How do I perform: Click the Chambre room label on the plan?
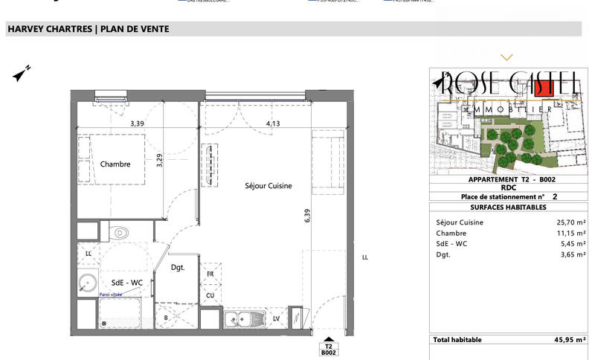[115, 164]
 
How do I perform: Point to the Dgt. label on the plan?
[177, 268]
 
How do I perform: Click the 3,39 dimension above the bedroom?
[137, 123]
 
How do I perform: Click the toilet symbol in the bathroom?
[119, 233]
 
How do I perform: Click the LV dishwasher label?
[276, 320]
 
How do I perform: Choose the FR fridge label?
[210, 274]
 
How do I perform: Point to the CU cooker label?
[210, 295]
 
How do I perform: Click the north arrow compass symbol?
[21, 74]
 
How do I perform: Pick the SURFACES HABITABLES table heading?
[508, 207]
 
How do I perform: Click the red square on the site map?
[545, 87]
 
